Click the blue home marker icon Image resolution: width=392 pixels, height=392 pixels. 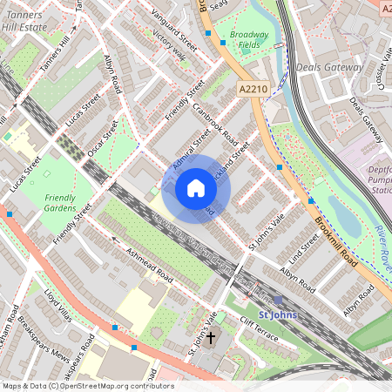click(195, 188)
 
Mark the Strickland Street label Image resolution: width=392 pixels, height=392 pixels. click(233, 156)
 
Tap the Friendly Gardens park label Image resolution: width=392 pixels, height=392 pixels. click(60, 203)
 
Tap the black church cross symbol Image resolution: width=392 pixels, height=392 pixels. click(210, 336)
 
